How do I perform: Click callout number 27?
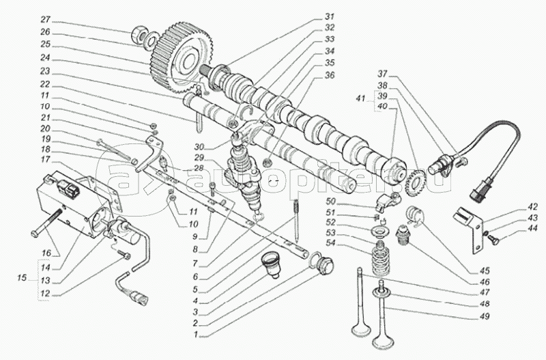pyautogui.click(x=26, y=19)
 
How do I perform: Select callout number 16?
pyautogui.click(x=45, y=253)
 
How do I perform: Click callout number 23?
pyautogui.click(x=26, y=70)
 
